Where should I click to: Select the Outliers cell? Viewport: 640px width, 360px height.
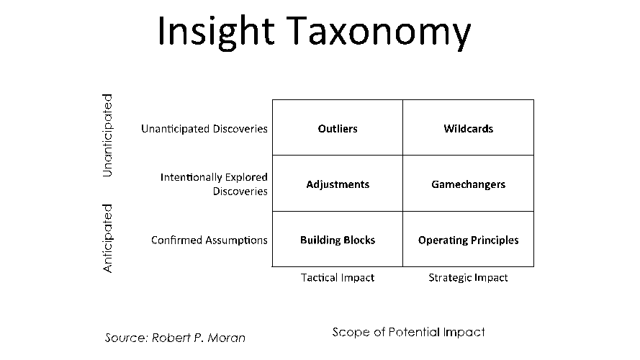click(338, 129)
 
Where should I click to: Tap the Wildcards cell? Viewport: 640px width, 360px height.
click(469, 129)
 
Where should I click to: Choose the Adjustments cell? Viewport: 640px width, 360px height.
click(338, 184)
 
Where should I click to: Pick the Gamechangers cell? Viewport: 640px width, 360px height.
click(469, 184)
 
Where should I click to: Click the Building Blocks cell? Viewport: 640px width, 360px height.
click(338, 240)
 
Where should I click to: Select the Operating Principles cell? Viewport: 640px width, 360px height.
click(469, 240)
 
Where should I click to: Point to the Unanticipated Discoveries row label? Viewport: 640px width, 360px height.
click(204, 129)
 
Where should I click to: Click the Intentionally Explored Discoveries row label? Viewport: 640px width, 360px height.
click(215, 184)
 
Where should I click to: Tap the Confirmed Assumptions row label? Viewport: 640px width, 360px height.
click(209, 240)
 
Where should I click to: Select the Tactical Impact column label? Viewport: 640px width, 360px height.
click(338, 277)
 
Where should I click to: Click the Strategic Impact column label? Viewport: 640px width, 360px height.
click(469, 277)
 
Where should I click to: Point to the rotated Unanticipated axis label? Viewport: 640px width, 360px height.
click(108, 135)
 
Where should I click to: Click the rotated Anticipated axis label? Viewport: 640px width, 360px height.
click(108, 238)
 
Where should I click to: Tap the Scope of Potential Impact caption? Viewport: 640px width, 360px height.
click(408, 332)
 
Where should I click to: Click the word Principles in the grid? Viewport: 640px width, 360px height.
click(495, 240)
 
